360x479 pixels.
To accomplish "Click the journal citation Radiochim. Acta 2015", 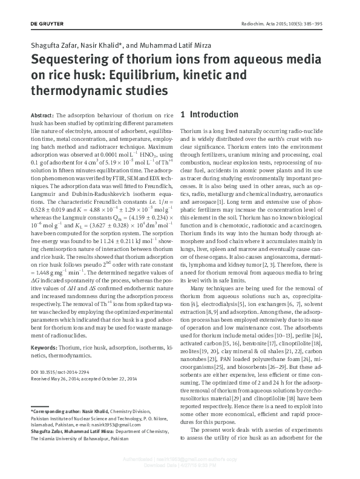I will [x=286, y=22].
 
